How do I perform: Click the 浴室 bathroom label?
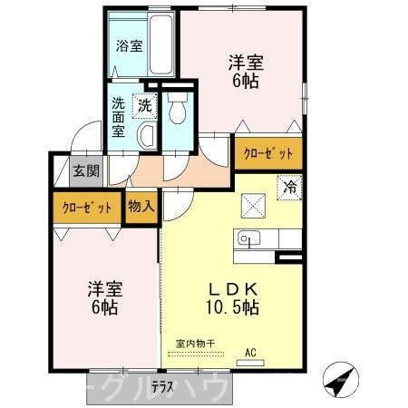coord(129,46)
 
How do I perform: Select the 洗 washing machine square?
coord(144,105)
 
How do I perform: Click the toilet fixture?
coord(177,109)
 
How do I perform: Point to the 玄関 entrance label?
coord(87,170)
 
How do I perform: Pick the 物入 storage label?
coord(141,206)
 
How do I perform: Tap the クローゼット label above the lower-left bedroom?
coord(87,208)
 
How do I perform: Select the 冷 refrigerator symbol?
coord(289,188)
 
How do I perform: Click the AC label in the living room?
coord(251,352)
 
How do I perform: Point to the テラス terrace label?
coord(162,386)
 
